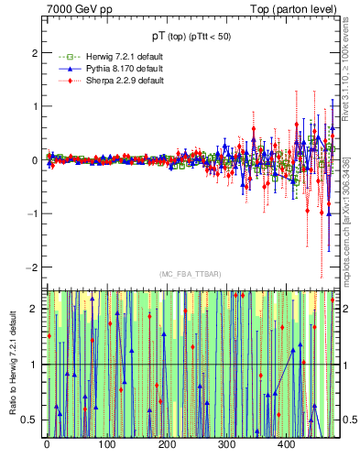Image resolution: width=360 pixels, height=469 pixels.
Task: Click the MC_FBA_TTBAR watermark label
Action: [190, 274]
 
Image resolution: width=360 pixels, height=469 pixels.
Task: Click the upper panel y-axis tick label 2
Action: [34, 53]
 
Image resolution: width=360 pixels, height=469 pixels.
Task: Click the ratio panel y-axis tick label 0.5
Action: [30, 420]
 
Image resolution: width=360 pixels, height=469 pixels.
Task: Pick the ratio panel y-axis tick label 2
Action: [34, 309]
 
